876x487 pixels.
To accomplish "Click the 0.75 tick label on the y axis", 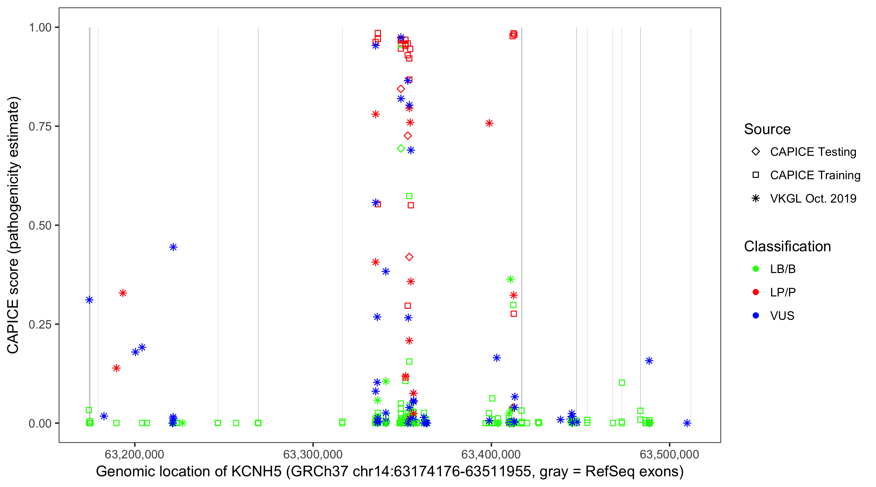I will (x=40, y=127).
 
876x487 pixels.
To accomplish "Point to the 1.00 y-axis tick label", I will (x=40, y=28).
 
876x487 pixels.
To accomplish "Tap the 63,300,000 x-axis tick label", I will (x=312, y=454).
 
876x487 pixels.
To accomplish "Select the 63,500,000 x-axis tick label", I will (x=669, y=454).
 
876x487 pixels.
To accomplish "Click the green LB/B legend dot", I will (x=756, y=269).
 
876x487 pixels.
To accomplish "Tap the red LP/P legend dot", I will (x=756, y=292).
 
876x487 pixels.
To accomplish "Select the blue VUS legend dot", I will (x=756, y=316).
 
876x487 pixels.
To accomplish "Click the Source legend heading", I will (x=767, y=129).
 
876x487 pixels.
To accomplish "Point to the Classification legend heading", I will (x=787, y=246).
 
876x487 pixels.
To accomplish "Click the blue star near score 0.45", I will (x=173, y=247).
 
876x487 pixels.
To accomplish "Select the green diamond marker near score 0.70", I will (x=401, y=148).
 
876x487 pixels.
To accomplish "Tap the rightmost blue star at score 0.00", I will (x=687, y=423).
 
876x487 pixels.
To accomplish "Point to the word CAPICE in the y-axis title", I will (x=13, y=326).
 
